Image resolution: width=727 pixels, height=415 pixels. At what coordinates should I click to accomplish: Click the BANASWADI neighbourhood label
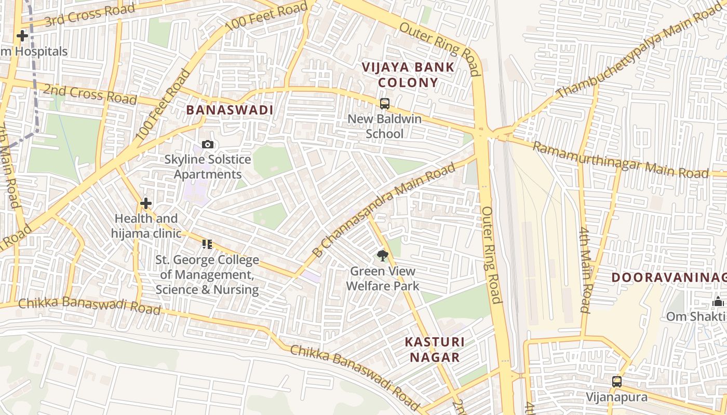point(230,110)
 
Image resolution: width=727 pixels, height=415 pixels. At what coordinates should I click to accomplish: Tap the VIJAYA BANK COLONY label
point(408,75)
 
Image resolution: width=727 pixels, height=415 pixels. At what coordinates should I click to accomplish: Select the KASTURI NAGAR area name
point(435,349)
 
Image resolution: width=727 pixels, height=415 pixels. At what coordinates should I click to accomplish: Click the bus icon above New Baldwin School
point(384,103)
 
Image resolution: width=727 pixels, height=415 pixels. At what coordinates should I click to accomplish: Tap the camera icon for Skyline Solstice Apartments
point(208,144)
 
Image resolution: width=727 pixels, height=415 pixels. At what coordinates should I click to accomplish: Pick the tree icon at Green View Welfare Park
point(383,255)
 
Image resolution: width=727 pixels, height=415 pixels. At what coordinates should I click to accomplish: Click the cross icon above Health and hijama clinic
point(146,203)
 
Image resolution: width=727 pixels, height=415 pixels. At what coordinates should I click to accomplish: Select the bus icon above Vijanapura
point(616,382)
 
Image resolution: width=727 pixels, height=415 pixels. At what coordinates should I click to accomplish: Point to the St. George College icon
point(207,244)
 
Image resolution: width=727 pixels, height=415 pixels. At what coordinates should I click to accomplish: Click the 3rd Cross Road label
point(89,15)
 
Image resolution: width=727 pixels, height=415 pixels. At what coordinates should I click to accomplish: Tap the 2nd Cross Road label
point(89,93)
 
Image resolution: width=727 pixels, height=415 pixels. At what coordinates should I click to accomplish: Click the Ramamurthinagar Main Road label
point(621,160)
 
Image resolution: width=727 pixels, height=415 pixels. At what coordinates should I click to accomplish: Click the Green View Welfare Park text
point(383,279)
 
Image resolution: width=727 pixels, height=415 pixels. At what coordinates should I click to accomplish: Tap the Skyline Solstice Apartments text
point(208,167)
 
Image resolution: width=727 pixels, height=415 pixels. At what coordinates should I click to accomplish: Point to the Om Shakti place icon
point(718,301)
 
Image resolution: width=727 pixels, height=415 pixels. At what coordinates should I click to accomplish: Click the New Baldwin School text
point(384,126)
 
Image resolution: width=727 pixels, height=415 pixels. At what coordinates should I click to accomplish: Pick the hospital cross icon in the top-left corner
point(22,36)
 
